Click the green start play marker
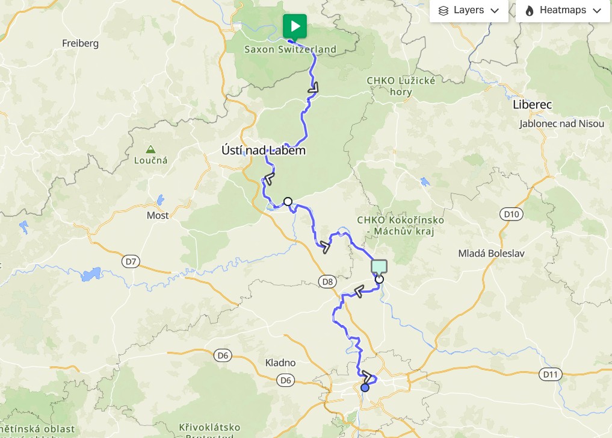coord(295,26)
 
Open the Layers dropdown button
coord(469,10)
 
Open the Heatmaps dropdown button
coord(563,10)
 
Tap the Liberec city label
coord(532,104)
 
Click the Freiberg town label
coord(80,43)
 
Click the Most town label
coord(158,215)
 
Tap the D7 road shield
coord(131,261)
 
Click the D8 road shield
coord(327,281)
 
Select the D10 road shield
coord(510,213)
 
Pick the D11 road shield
coord(550,374)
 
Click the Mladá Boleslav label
coord(491,254)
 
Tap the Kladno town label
coord(280,363)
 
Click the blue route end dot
coord(365,387)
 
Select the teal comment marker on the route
coord(379,266)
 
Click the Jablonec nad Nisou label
coord(561,124)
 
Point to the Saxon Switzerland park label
coord(290,49)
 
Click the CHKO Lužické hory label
coord(400,86)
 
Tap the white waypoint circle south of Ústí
coord(288,201)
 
